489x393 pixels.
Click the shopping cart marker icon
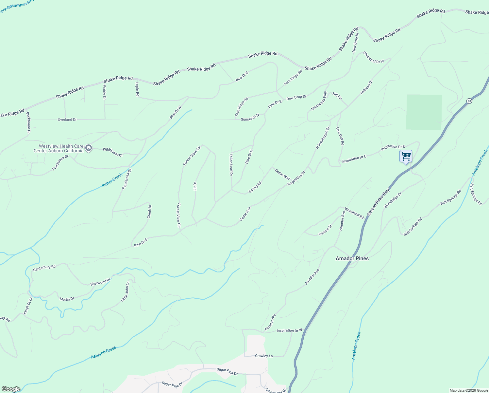(406, 156)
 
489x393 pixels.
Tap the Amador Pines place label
(352, 258)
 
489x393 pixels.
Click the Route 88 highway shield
(469, 101)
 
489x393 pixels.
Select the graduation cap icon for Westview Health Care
(88, 148)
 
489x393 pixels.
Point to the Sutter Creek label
(112, 180)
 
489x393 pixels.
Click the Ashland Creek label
(104, 352)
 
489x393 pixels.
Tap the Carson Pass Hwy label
(379, 202)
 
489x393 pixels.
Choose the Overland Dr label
(67, 120)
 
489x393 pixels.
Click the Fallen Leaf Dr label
(231, 165)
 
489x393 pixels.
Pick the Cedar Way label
(282, 174)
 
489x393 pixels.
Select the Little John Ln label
(125, 291)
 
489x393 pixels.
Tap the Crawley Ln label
(264, 356)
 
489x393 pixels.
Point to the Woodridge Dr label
(393, 200)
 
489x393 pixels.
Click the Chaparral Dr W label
(373, 57)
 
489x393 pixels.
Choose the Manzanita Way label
(319, 101)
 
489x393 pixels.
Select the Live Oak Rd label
(340, 136)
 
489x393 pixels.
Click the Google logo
(11, 389)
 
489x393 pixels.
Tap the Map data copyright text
(469, 390)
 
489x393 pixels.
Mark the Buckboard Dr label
(28, 123)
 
